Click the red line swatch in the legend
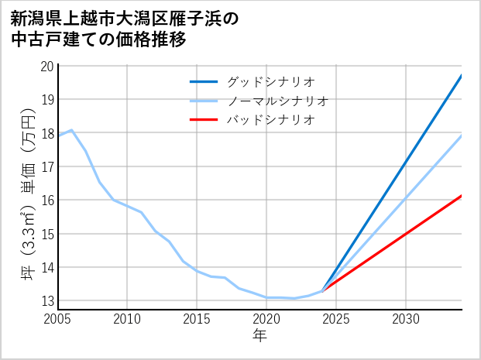tap(204, 120)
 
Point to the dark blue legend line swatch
tap(204, 81)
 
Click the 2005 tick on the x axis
tap(58, 319)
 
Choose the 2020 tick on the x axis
tap(266, 319)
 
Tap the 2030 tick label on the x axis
tap(406, 319)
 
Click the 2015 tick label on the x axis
tap(197, 319)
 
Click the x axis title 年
tap(260, 336)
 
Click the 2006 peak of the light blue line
tap(71, 130)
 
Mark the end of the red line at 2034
tap(462, 196)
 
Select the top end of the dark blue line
tap(462, 75)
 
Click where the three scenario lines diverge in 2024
tap(323, 290)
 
